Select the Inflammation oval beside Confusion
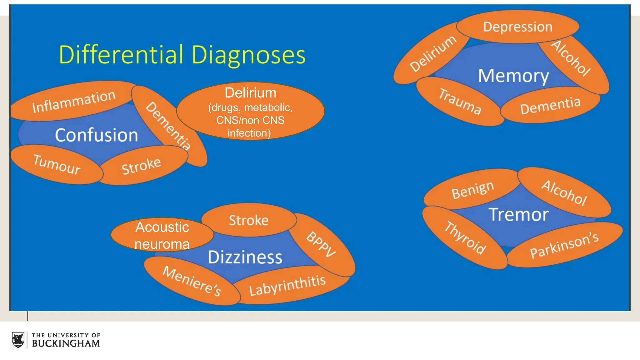tap(74, 101)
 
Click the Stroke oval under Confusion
tap(142, 166)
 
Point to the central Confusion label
tap(96, 135)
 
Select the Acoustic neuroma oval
tap(162, 235)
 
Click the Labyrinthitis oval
tap(287, 285)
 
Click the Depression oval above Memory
tap(518, 27)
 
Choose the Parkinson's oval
tap(564, 245)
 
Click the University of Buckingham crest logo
tap(18, 340)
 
